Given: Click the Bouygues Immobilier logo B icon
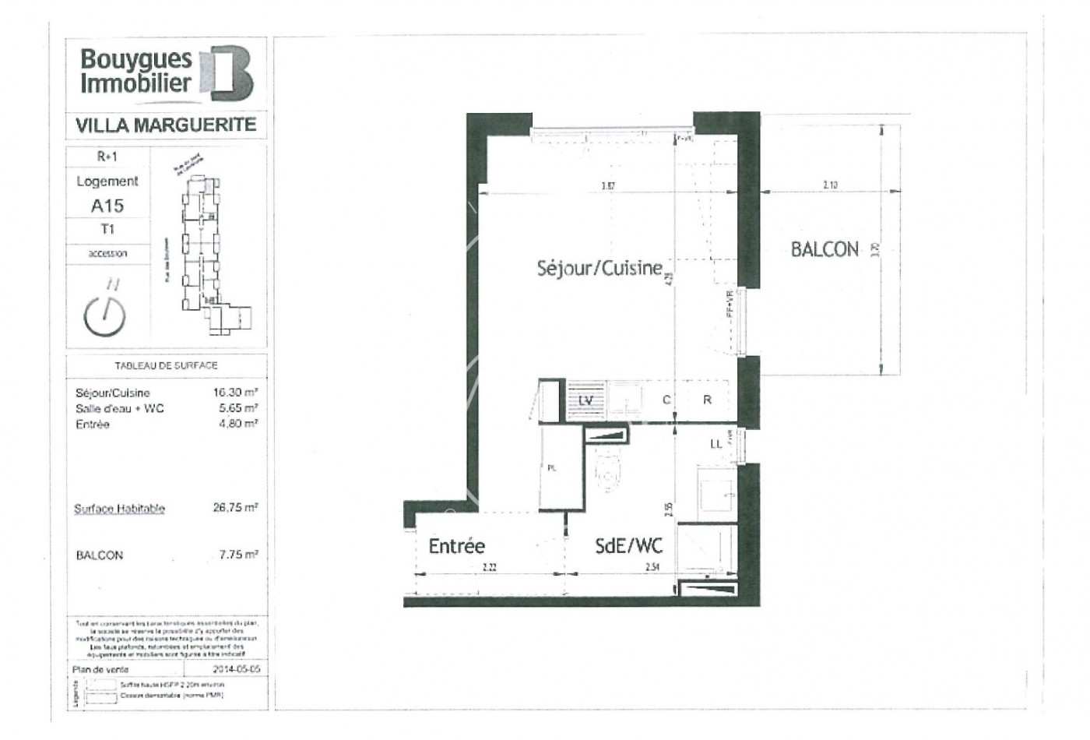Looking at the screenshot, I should point(227,74).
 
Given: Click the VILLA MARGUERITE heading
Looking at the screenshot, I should point(165,125).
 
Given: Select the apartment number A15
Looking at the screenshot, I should point(107,206).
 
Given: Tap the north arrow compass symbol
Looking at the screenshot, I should point(104,311).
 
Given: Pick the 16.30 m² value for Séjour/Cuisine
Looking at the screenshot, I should point(235,393).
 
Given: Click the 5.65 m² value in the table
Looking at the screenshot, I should point(237,408).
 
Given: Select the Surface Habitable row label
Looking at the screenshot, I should point(119,509).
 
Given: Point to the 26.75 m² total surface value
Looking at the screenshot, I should point(235,507).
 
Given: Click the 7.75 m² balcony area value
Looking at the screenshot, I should point(237,555).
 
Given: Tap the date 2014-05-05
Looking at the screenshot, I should point(237,669).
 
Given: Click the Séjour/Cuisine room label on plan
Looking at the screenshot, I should point(599,268).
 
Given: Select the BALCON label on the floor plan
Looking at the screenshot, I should point(825,249).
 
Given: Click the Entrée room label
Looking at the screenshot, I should point(457,546).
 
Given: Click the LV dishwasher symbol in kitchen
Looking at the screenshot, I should point(587,400).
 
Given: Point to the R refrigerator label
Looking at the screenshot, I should point(707,400).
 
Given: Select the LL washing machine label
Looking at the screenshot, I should point(716,444).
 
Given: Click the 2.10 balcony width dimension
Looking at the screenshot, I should point(830,186).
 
